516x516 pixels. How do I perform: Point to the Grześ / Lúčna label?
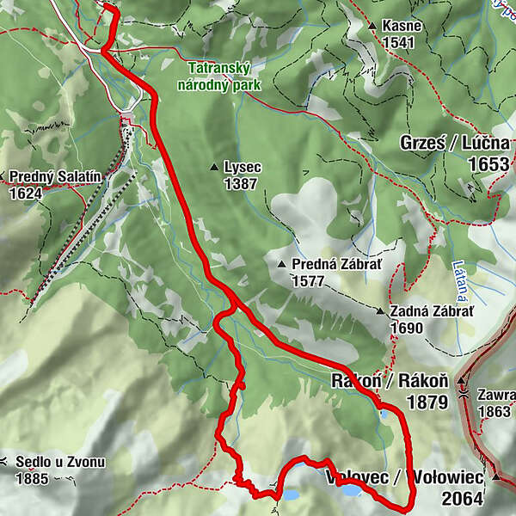(x=454, y=143)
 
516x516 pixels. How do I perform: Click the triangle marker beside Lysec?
(x=214, y=167)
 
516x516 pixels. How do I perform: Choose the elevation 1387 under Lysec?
(x=240, y=184)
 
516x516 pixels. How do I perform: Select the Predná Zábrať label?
(x=328, y=265)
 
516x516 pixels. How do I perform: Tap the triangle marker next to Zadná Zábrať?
(x=379, y=311)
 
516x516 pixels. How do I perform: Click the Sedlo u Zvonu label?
(x=60, y=463)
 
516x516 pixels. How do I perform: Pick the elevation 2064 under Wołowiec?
(x=464, y=497)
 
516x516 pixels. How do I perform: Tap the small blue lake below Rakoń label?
(x=382, y=414)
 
